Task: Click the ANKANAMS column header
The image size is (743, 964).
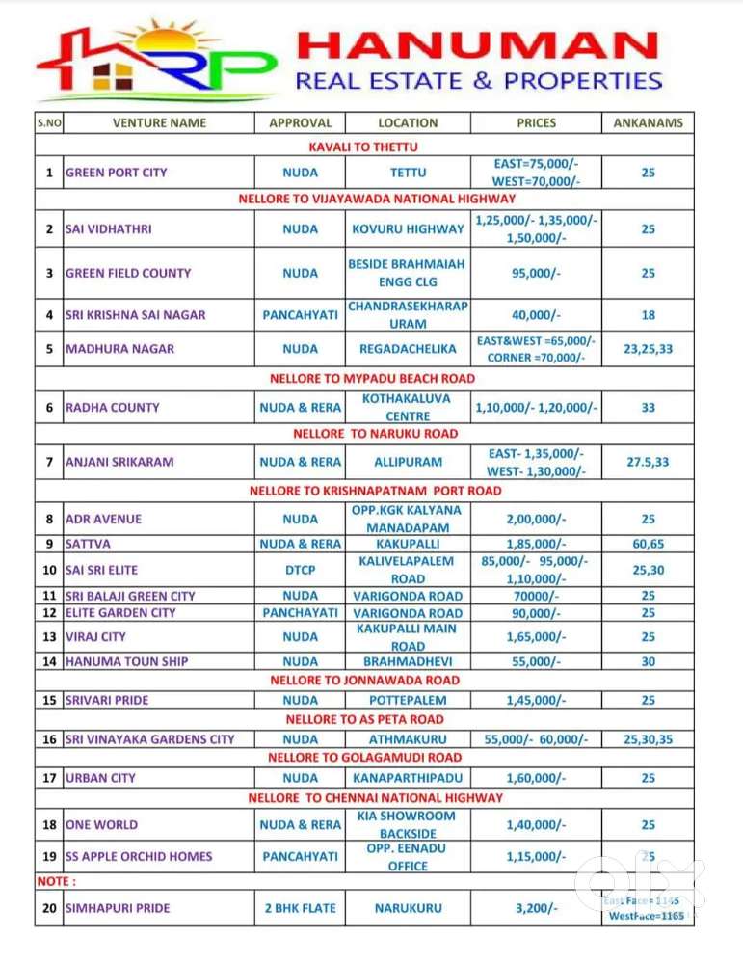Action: (648, 123)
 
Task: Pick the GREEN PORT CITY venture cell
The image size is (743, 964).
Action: (116, 173)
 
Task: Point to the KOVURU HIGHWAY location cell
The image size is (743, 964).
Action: (408, 229)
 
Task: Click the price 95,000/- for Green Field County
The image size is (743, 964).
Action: (536, 273)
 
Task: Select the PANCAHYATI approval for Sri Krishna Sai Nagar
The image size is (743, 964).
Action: (300, 315)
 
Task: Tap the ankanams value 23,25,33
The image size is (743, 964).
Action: (648, 349)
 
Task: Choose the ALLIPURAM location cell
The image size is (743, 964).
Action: (408, 462)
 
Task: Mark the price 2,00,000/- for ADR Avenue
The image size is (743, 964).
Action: (536, 519)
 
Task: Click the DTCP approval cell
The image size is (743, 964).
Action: (300, 570)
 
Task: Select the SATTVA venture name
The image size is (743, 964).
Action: (88, 544)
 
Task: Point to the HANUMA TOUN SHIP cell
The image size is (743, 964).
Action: (126, 661)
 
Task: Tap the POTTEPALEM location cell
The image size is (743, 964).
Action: (408, 700)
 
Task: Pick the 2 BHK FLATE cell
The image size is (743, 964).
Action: (300, 908)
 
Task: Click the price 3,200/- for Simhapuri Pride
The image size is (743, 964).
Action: (536, 908)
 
